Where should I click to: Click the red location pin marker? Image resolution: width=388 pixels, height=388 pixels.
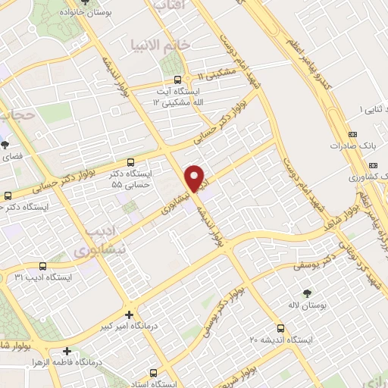pos(196,177)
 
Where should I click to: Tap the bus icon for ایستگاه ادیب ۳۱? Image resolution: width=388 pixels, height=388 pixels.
pos(42,266)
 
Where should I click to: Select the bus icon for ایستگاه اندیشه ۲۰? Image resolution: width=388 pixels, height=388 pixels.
pos(281,328)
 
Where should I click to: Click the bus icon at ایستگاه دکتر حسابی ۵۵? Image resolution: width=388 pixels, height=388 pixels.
pos(131,162)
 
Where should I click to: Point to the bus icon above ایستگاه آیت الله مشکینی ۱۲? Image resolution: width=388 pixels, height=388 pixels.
pos(177,80)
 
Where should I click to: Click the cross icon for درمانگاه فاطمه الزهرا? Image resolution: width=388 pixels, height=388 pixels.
pos(67,351)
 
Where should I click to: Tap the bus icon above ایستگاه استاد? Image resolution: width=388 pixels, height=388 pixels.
pos(154,373)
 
